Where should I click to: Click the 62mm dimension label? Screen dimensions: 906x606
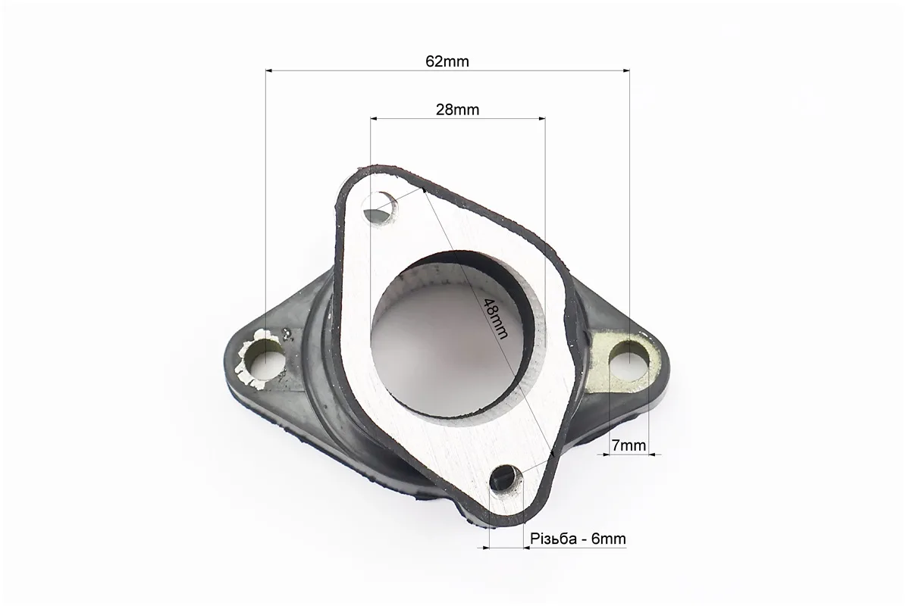(x=447, y=61)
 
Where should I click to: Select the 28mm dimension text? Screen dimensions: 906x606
(x=458, y=109)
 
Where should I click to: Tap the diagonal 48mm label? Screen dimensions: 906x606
(x=495, y=318)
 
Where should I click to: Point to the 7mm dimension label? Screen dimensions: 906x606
(x=629, y=445)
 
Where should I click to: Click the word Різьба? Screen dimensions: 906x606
(x=553, y=539)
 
